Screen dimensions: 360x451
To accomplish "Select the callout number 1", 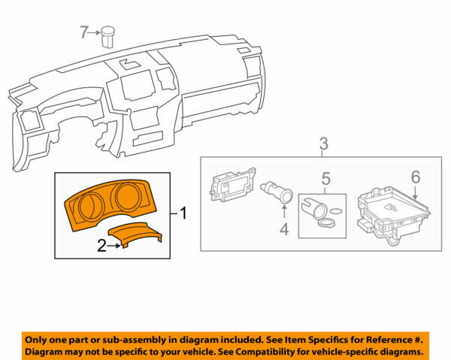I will [x=182, y=213].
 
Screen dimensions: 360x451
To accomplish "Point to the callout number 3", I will [x=323, y=143].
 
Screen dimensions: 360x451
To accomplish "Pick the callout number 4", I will [x=284, y=229].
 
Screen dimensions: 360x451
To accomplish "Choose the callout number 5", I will [x=326, y=179].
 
